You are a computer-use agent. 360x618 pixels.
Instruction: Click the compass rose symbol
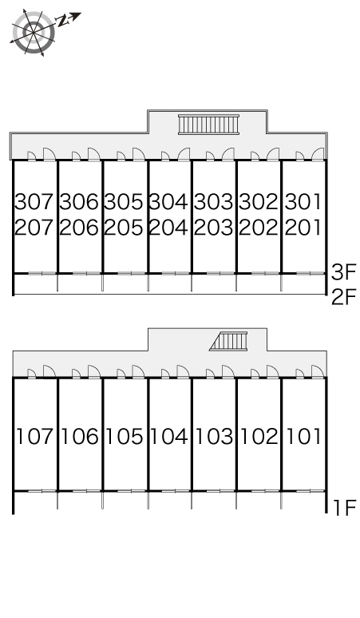33,31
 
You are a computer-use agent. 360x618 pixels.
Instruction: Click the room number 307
34,202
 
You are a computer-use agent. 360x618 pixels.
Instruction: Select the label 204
168,228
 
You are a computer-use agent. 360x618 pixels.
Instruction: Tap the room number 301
303,202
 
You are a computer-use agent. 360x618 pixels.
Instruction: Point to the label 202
259,228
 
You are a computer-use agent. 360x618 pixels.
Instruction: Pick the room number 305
124,202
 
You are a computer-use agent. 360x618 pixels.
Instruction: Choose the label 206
79,228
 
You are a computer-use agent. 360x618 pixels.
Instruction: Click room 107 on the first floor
34,436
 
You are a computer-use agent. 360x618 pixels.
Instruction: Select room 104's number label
169,436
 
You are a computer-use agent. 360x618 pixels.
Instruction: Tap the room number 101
303,436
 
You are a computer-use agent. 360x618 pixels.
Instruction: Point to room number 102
259,436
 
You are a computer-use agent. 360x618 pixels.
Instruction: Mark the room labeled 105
125,436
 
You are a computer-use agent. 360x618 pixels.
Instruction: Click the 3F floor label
343,272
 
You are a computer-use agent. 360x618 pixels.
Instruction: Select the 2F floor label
343,297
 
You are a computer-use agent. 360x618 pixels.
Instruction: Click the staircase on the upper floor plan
209,125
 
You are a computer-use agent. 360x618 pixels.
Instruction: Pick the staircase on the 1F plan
229,341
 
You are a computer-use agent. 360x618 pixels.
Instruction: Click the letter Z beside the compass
62,21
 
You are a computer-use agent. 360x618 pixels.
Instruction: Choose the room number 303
213,202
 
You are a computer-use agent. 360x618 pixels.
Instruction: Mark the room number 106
80,436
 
